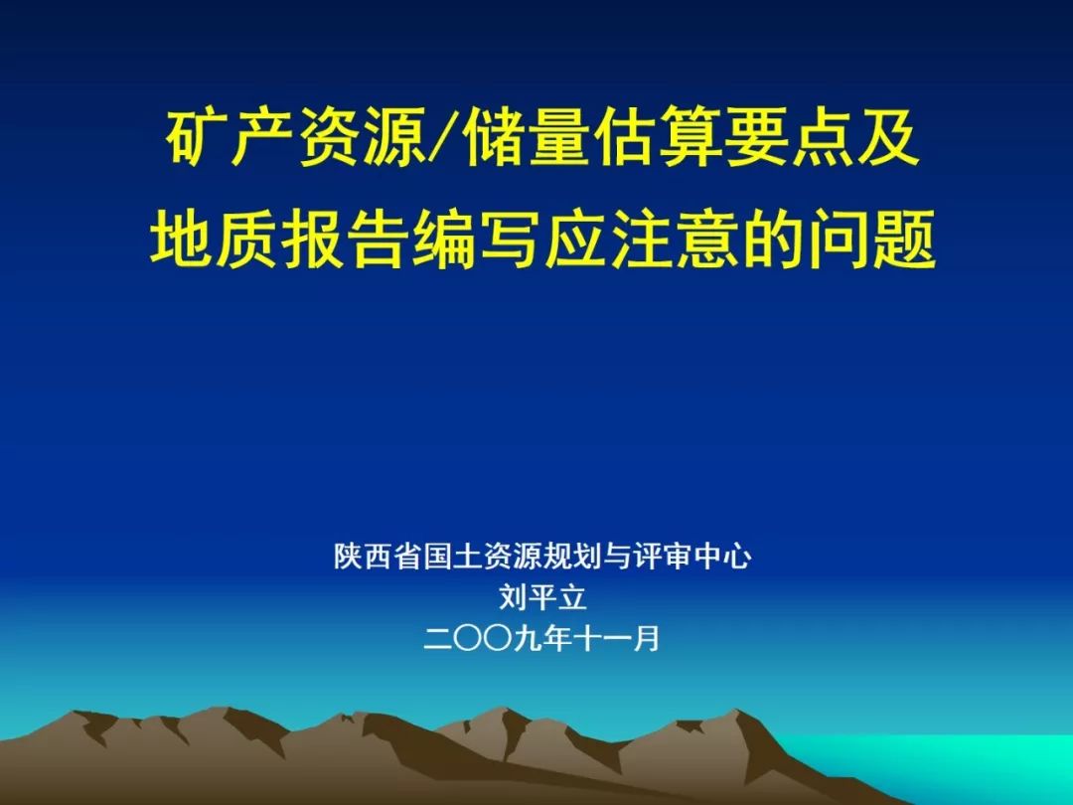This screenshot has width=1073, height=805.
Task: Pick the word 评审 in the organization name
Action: (662, 556)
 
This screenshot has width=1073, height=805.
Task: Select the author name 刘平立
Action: (542, 597)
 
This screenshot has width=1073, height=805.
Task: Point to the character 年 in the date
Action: (557, 639)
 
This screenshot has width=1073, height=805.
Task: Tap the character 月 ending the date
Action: (646, 639)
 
